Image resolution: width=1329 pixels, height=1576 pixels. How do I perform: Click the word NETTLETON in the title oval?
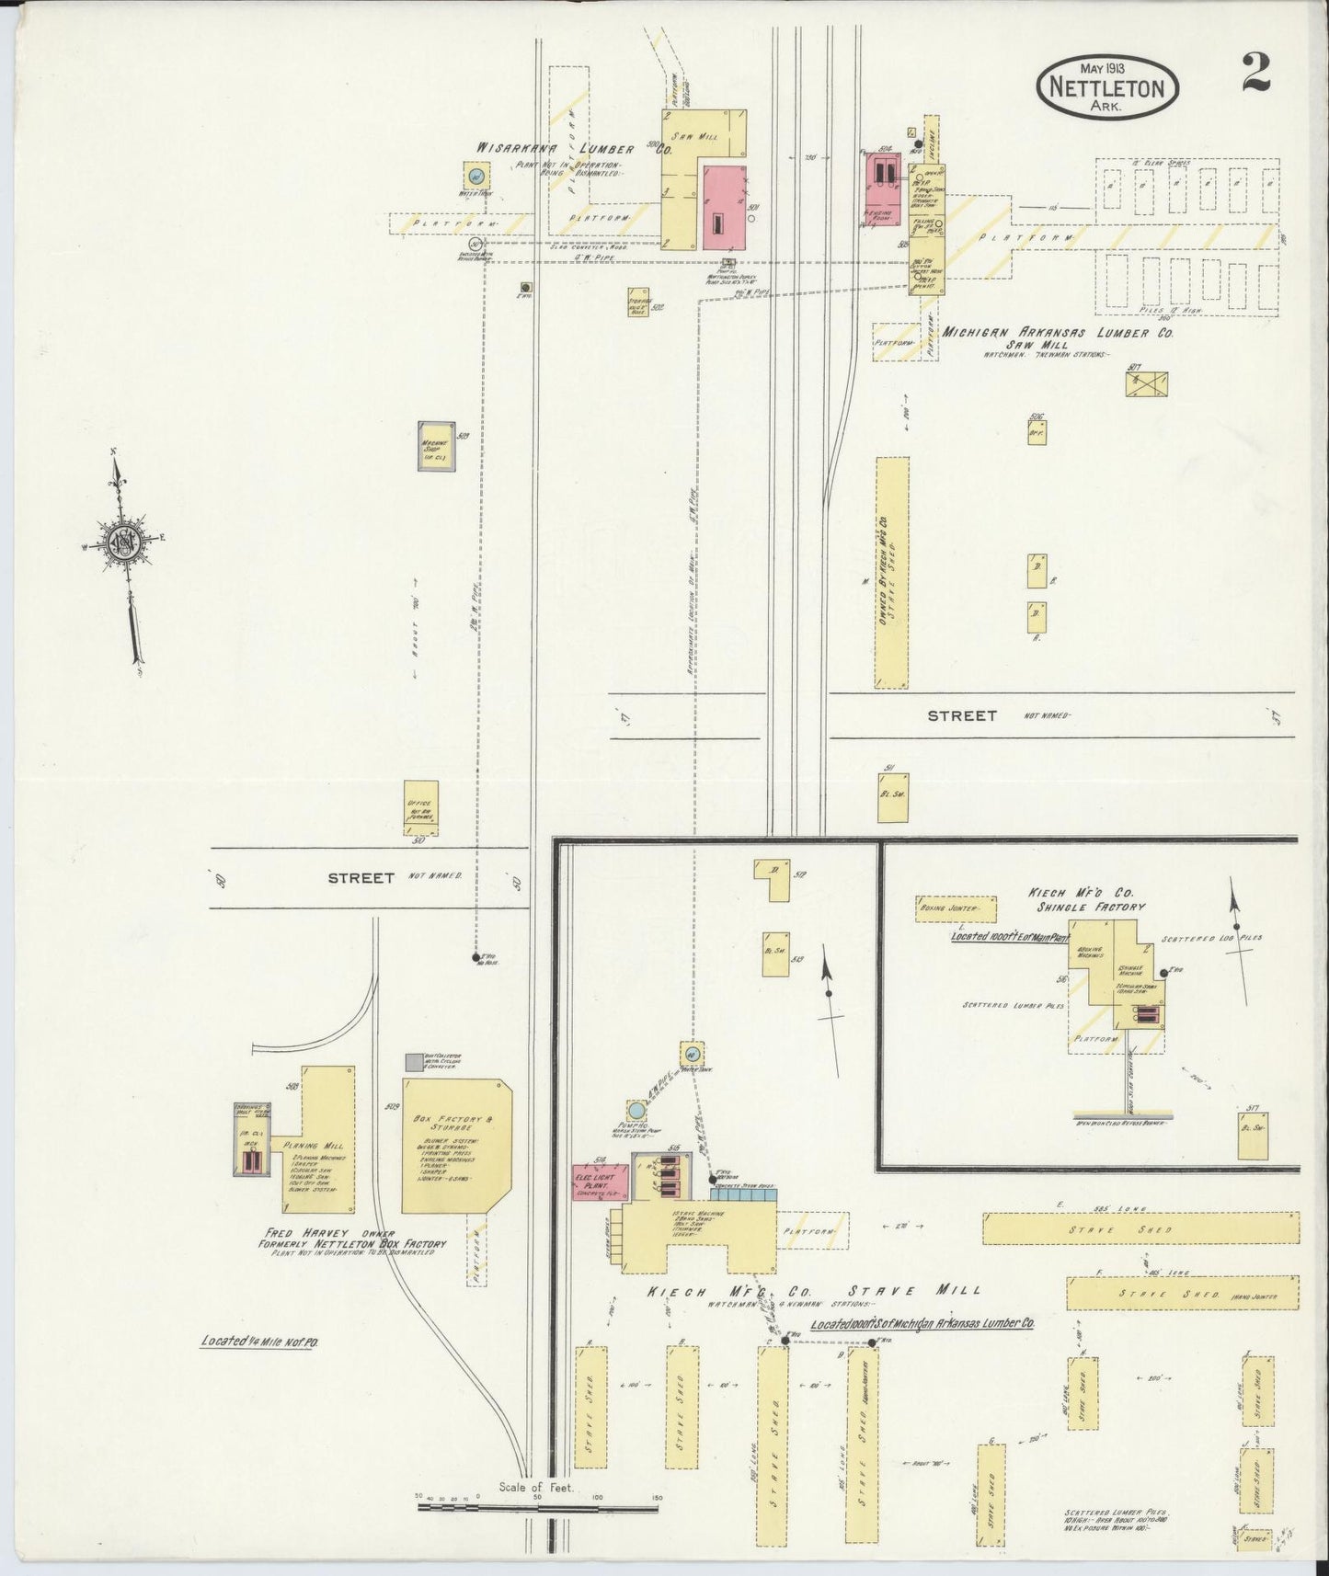click(x=1106, y=89)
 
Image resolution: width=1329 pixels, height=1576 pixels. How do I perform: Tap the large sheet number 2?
click(x=1255, y=73)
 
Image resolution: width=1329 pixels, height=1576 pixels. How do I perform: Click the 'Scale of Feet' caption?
click(x=536, y=1487)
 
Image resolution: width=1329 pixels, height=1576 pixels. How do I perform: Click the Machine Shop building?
click(x=435, y=446)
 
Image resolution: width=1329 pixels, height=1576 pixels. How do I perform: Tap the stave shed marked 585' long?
click(x=1140, y=1228)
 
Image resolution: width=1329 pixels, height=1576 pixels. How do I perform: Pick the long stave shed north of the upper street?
click(x=891, y=572)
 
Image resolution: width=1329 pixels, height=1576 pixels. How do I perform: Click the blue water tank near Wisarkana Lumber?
click(x=475, y=175)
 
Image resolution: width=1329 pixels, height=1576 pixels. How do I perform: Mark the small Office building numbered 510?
click(x=421, y=806)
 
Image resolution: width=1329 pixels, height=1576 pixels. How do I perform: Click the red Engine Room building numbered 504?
click(x=884, y=180)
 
